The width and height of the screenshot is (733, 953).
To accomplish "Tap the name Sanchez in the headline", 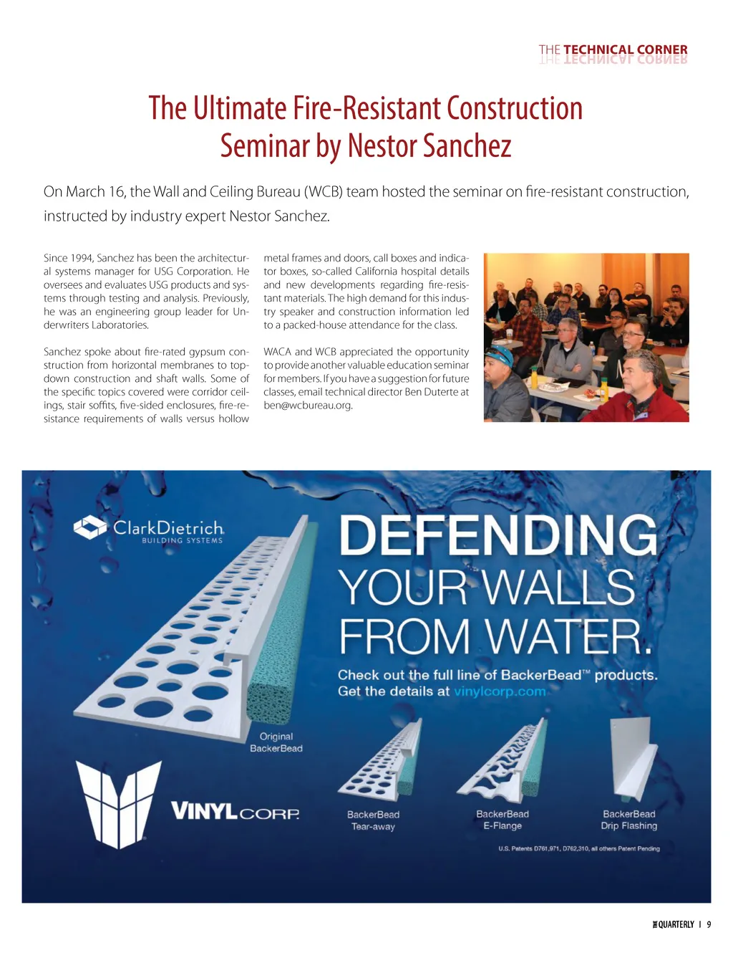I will click(467, 146).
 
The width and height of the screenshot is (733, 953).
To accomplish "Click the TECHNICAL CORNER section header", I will click(613, 49).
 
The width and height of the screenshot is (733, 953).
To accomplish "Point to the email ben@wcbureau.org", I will click(308, 406).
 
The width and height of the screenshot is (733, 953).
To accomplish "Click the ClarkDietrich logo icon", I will click(90, 528).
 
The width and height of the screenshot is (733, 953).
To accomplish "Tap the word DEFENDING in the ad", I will click(498, 536).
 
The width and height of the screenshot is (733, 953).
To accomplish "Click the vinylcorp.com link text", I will click(500, 691).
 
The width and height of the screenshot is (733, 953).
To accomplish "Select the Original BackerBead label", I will click(276, 742).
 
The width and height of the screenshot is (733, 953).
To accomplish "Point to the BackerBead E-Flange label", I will click(503, 820).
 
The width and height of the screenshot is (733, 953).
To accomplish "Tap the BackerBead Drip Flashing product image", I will click(631, 760).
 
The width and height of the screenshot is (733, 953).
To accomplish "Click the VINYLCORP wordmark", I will click(235, 812).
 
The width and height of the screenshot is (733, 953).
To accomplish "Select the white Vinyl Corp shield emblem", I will click(117, 804).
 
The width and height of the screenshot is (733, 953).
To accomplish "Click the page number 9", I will click(709, 924).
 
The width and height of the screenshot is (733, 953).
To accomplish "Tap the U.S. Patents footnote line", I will click(579, 848).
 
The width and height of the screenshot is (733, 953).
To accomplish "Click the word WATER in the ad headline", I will click(570, 636).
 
